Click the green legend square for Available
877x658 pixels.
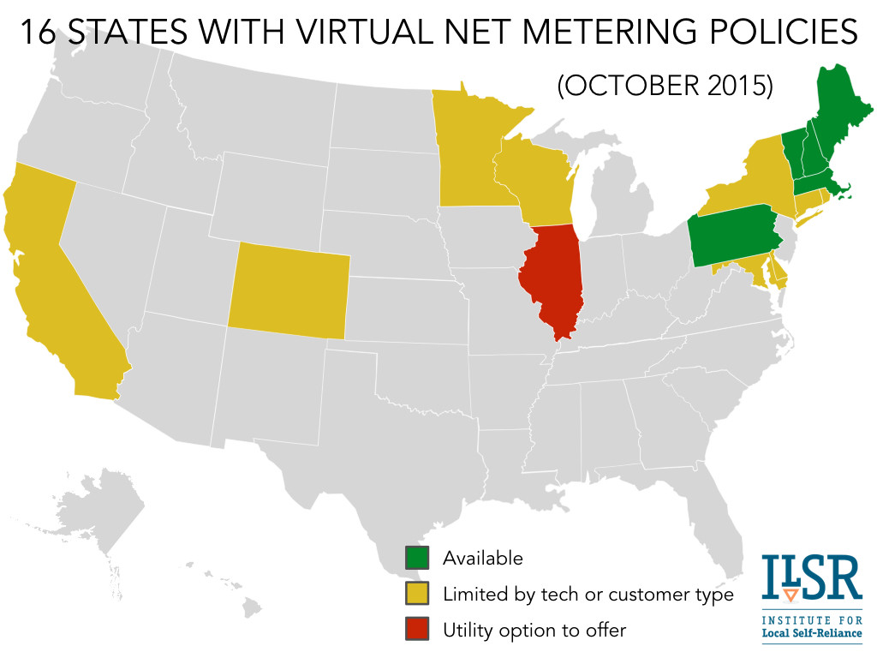click(x=416, y=558)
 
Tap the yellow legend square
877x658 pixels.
click(x=416, y=594)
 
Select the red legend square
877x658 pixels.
click(x=416, y=630)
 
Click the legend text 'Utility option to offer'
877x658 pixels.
click(x=534, y=631)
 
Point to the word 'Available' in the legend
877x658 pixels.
click(x=482, y=558)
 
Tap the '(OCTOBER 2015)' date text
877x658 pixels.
click(x=665, y=86)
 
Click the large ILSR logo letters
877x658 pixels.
click(x=811, y=580)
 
